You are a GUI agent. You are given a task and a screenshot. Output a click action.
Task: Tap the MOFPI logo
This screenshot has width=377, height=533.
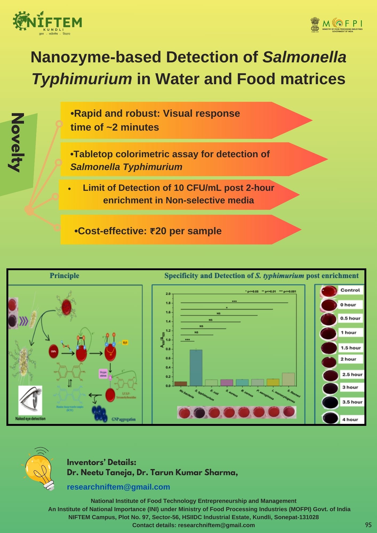(x=336, y=25)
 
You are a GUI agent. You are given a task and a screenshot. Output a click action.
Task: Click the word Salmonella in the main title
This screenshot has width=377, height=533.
(x=304, y=57)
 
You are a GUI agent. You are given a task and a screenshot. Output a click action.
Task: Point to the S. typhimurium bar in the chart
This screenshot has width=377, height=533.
(x=196, y=368)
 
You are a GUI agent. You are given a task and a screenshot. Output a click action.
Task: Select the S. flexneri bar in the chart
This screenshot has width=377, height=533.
(x=288, y=379)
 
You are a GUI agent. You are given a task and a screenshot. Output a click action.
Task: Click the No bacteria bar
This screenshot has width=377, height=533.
(x=181, y=384)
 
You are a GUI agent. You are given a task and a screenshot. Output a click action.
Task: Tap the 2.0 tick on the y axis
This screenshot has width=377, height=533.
(x=168, y=294)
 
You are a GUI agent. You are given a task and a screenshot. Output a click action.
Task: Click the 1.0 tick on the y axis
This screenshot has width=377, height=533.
(x=168, y=340)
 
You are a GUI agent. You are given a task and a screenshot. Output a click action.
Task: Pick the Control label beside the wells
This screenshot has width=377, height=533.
(x=350, y=290)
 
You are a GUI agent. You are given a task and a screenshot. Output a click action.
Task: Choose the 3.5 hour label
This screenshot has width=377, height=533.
(x=352, y=402)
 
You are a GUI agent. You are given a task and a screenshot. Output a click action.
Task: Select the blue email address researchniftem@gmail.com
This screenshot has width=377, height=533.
(x=118, y=487)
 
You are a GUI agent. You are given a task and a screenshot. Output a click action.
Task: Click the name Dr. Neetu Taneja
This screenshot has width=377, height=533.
(x=100, y=473)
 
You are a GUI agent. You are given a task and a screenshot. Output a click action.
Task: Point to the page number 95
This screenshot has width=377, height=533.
(x=368, y=525)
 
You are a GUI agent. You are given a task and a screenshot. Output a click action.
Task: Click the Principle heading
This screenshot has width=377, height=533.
(x=65, y=276)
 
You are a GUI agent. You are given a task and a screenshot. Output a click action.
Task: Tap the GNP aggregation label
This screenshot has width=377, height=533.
(x=123, y=419)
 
